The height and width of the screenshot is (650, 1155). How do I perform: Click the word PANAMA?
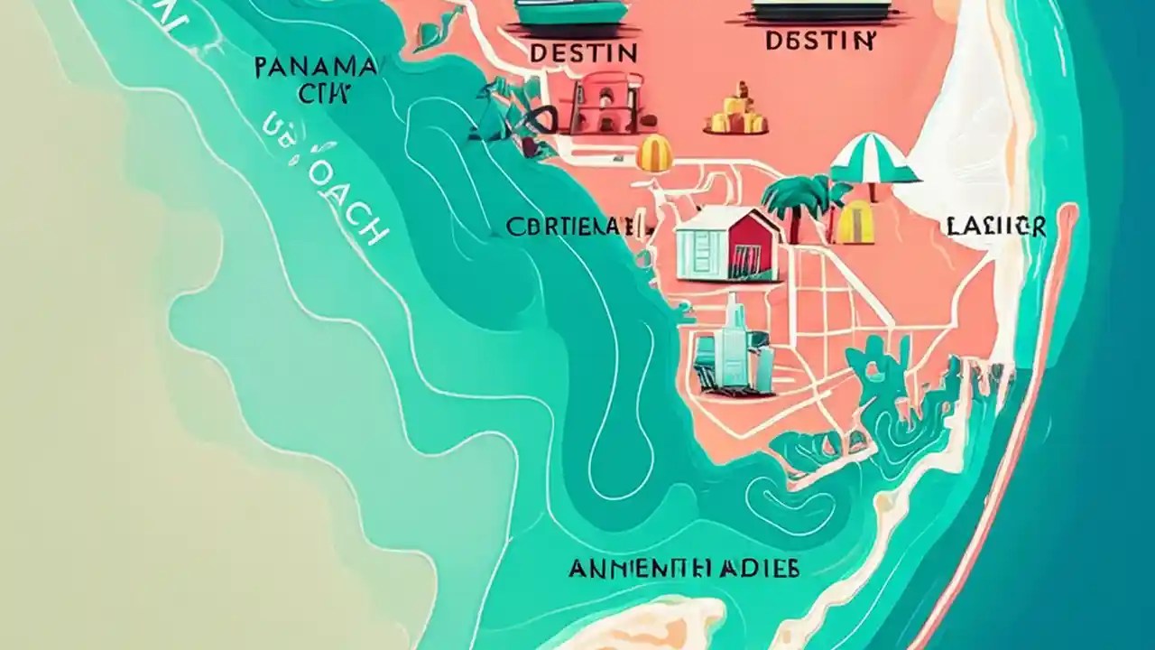coord(316,67)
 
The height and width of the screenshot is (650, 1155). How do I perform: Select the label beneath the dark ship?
coord(819,41)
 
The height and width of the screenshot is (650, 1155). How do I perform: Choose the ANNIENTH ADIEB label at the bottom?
coord(684,569)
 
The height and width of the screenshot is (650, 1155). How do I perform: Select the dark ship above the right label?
coord(821,9)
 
